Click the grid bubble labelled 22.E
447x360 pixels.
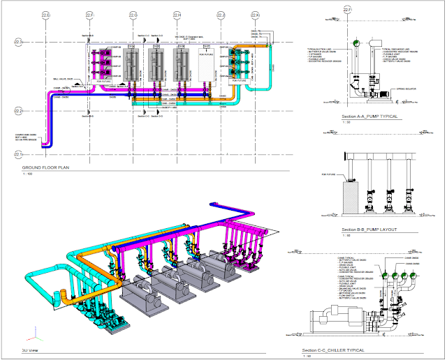[x=47, y=15]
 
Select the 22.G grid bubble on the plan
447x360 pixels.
[x=133, y=15]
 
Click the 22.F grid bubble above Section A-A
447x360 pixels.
[x=346, y=10]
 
